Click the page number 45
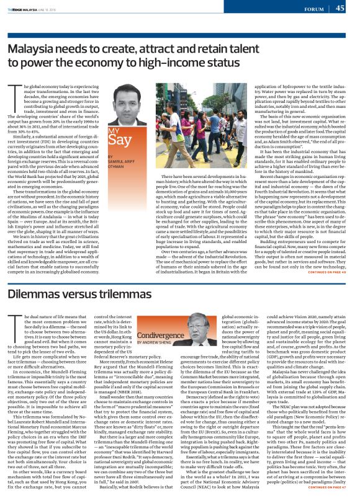tap(340, 7)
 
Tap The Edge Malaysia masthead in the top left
tap(21, 9)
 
